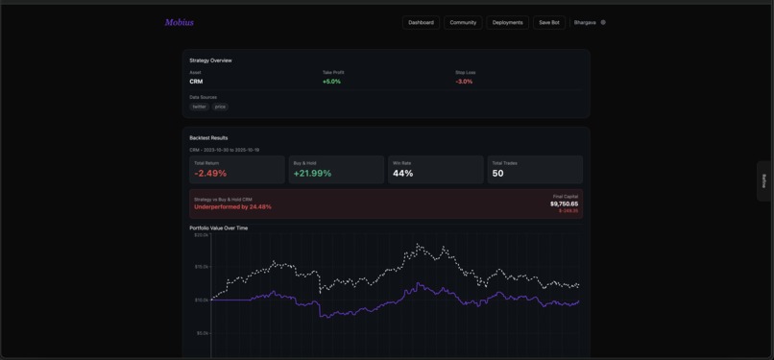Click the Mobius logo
(179, 22)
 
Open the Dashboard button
(421, 22)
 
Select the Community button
(463, 22)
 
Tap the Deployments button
(508, 22)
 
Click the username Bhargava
(585, 22)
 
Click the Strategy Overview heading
(210, 60)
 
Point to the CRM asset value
(196, 82)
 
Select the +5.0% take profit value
(331, 82)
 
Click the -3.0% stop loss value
(464, 82)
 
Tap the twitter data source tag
(199, 107)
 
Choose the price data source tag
(220, 107)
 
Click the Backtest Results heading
(208, 138)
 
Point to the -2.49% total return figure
(210, 174)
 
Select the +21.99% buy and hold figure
(312, 174)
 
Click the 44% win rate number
(402, 174)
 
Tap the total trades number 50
(497, 174)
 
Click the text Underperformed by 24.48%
(232, 206)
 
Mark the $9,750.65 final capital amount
(564, 204)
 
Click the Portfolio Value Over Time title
(218, 228)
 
